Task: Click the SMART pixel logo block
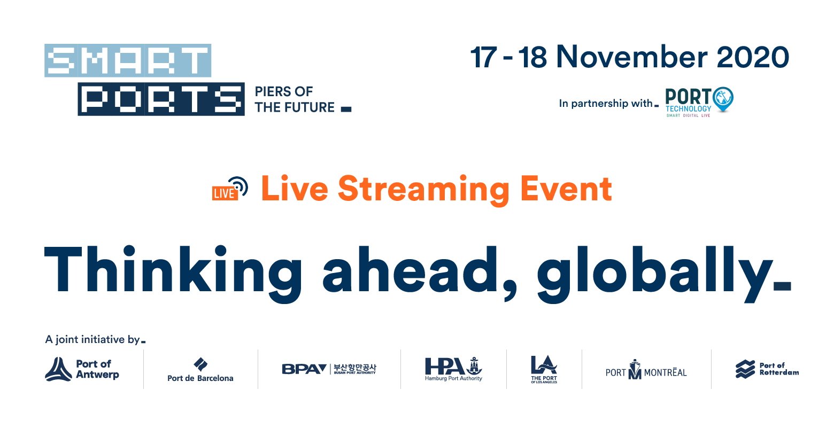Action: [x=128, y=60]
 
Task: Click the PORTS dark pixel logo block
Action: [x=161, y=99]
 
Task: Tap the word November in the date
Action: [x=631, y=57]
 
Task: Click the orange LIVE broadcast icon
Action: [x=230, y=189]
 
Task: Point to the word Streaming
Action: [x=423, y=190]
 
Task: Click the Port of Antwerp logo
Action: [x=82, y=369]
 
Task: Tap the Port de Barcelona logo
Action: [x=200, y=370]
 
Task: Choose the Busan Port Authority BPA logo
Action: [x=329, y=369]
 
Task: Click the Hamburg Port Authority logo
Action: [x=453, y=369]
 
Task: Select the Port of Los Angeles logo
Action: [x=544, y=369]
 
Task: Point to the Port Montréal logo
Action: [x=646, y=370]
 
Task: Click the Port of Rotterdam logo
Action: [x=767, y=369]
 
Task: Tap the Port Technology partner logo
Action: [x=699, y=102]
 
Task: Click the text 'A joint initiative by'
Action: [x=92, y=339]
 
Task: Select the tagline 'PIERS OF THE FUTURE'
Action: [x=295, y=99]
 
